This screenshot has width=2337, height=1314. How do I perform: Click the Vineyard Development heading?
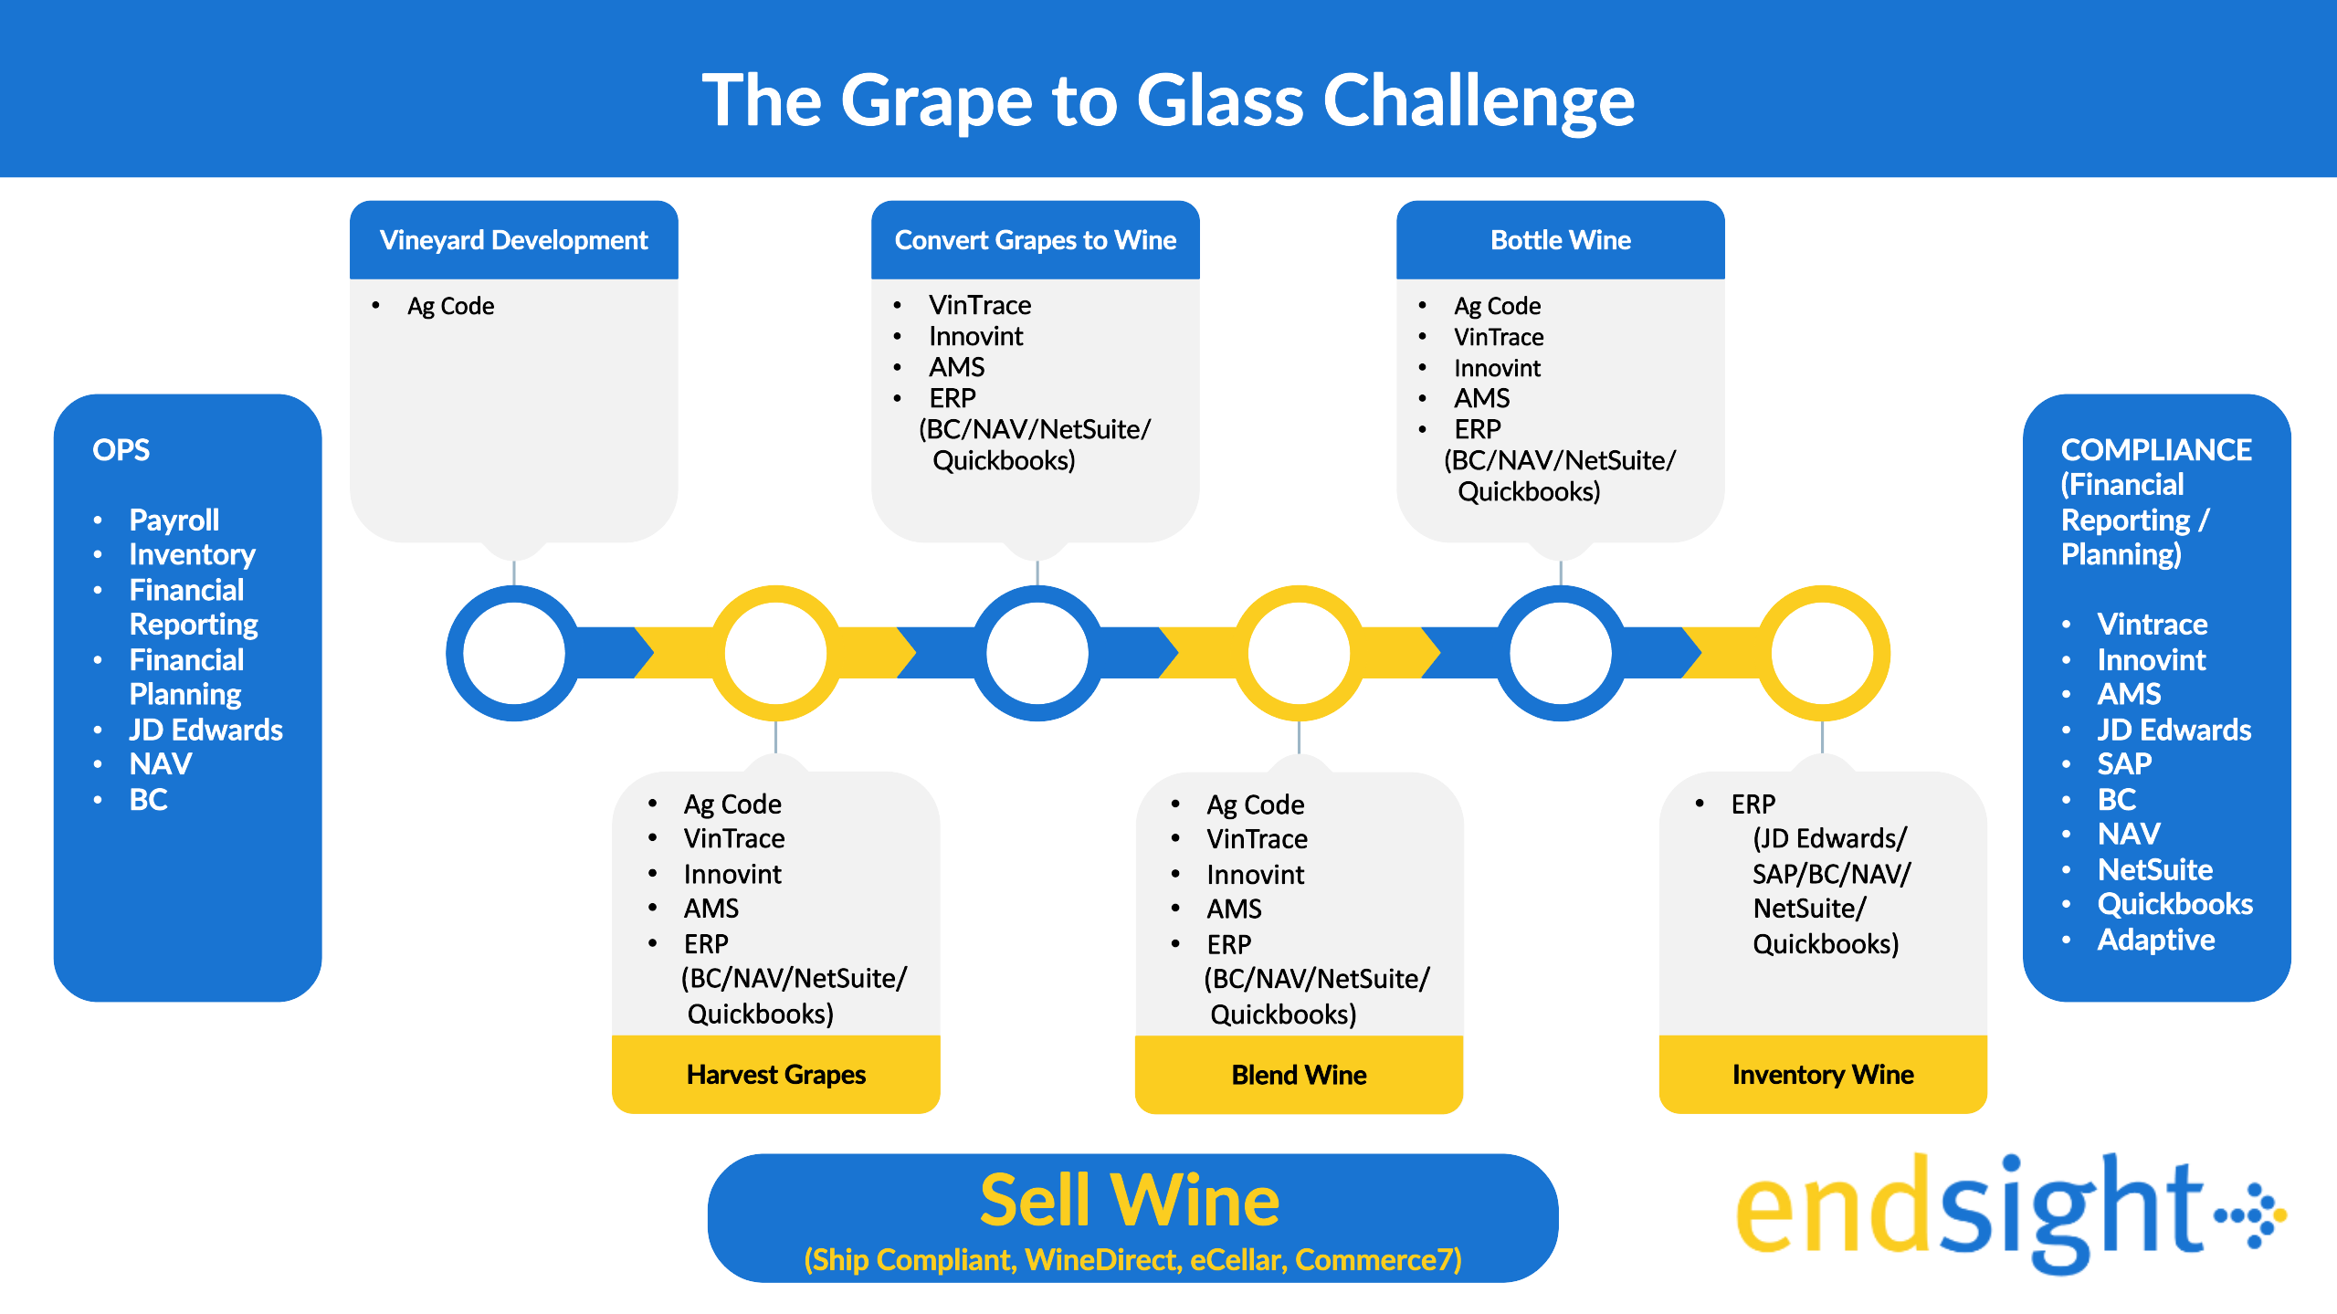[513, 240]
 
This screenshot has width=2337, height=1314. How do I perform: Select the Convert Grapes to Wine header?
[1036, 240]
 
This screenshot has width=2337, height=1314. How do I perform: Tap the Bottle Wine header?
[1561, 240]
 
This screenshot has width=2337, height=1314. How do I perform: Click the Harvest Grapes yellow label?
[775, 1074]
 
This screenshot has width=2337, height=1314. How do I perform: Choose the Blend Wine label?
[1299, 1075]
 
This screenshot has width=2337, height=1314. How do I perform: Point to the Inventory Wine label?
[1823, 1075]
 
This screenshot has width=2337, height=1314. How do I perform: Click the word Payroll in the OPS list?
[174, 520]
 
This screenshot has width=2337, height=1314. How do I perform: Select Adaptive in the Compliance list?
[2156, 940]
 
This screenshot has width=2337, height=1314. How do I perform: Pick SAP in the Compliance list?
[2124, 763]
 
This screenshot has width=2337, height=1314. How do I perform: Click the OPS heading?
[121, 449]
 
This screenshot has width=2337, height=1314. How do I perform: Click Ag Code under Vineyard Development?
[450, 306]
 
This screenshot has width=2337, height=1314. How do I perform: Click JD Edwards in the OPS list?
[205, 730]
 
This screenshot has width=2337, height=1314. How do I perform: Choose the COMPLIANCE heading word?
[2156, 449]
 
